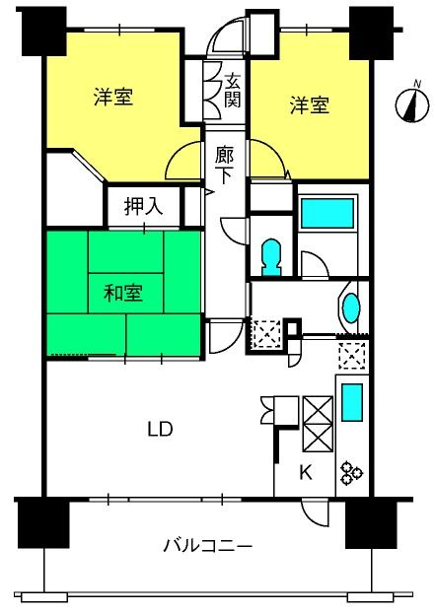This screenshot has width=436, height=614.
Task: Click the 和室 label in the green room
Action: coord(123,293)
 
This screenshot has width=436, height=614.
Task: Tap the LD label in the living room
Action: coord(160,429)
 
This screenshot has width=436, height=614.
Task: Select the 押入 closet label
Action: coord(143,206)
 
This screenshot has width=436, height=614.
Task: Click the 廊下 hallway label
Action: coord(224,166)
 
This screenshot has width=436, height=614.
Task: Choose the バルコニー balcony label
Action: coord(207,545)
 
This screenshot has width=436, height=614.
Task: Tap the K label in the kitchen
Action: coord(306,473)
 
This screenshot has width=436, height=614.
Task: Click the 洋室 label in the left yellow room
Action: coord(113,97)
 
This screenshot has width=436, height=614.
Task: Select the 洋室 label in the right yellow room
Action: coord(310,104)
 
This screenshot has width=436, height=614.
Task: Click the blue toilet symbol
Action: coord(271,258)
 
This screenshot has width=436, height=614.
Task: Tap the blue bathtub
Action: coord(327,214)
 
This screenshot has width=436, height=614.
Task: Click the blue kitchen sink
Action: coord(352,402)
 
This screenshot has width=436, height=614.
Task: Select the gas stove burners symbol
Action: coord(351,473)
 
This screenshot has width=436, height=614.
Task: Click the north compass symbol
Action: coord(411,105)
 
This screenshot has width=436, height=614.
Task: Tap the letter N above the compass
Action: coord(417,84)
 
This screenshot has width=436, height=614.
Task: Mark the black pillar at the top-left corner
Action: coord(43,32)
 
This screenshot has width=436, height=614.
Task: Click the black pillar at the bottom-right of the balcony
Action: coord(371,524)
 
